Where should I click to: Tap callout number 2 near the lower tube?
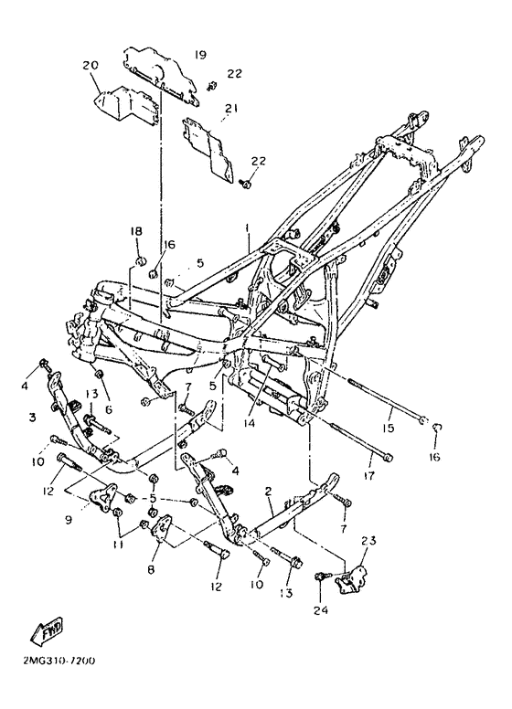click(268, 491)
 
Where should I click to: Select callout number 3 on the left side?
click(32, 417)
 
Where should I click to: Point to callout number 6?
click(108, 409)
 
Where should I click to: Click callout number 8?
click(151, 569)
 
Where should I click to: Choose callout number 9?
click(69, 520)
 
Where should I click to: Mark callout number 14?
click(250, 423)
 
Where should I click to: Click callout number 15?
click(389, 427)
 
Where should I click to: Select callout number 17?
click(369, 476)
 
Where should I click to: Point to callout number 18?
click(136, 231)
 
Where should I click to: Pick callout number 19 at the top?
click(200, 55)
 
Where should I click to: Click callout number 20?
click(90, 65)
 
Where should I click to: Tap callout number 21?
click(231, 109)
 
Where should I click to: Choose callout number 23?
click(368, 540)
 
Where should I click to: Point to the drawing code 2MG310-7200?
click(59, 661)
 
